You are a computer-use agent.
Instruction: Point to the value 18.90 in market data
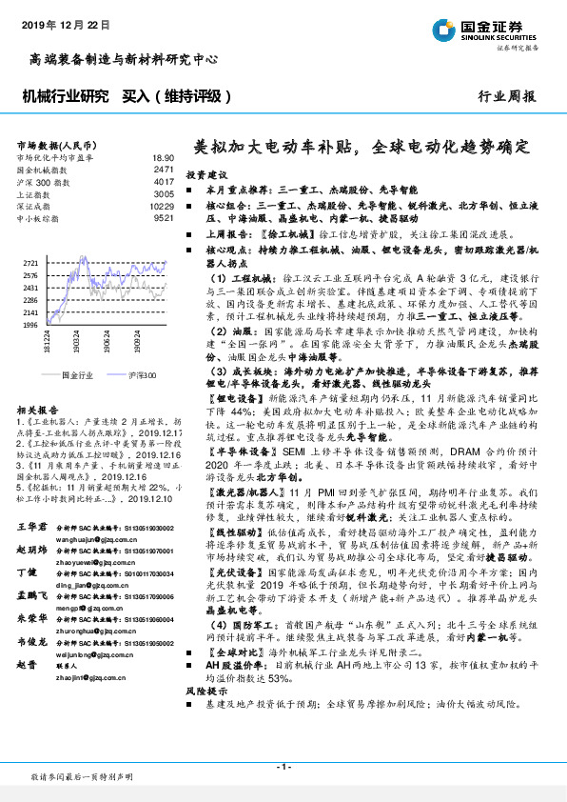(163, 158)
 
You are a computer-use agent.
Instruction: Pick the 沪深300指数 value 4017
(164, 180)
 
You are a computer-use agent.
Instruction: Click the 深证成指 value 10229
(161, 206)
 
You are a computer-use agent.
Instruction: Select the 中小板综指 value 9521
(164, 217)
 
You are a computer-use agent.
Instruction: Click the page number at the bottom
(283, 767)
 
